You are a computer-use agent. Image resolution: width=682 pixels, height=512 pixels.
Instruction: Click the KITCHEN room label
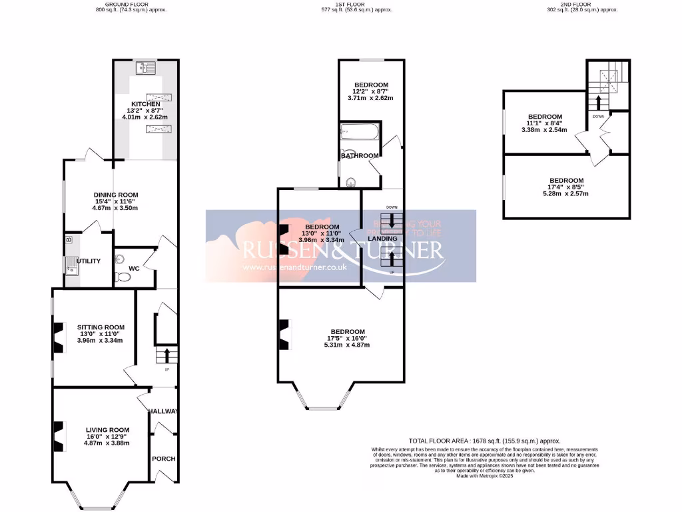point(145,104)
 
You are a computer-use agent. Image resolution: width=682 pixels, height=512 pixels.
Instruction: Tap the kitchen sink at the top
point(145,67)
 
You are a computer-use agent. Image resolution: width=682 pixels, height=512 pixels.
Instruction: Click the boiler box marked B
point(68,239)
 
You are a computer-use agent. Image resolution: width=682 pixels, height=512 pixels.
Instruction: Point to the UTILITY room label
point(89,261)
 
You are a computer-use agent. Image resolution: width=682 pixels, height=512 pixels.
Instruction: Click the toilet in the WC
point(122,276)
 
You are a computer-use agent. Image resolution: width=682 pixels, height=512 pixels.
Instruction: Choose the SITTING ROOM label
point(101,327)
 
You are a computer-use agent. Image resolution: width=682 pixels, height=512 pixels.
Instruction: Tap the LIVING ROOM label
point(107,430)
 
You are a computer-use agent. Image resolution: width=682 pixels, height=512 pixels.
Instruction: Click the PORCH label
point(163,459)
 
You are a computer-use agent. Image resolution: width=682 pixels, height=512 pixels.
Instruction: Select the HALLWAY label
point(163,411)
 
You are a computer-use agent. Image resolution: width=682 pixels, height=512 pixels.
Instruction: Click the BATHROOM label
point(360,156)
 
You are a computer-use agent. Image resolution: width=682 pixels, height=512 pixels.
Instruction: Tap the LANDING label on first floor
point(382,239)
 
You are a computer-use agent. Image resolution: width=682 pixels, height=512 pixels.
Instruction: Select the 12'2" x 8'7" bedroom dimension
point(370,91)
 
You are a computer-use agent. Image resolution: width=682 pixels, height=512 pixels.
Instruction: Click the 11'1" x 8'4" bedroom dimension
point(544,123)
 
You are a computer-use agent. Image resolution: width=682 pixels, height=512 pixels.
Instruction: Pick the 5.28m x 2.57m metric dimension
point(566,194)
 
